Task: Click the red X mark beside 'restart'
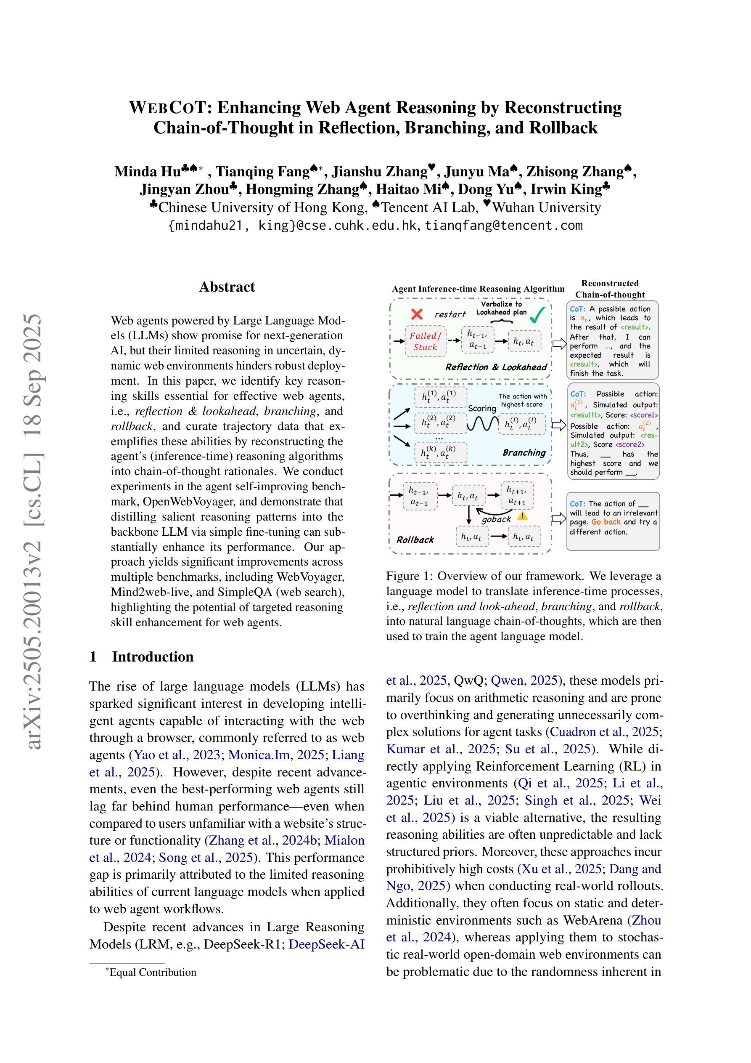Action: [x=416, y=314]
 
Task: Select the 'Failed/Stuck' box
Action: [x=425, y=342]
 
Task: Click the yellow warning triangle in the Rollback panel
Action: [x=522, y=515]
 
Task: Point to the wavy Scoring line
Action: [x=482, y=423]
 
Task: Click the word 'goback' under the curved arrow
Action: [x=496, y=519]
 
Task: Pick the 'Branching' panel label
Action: [x=524, y=452]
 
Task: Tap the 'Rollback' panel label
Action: [x=415, y=539]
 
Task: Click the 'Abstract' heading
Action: [x=227, y=287]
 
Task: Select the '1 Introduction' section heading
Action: [x=142, y=656]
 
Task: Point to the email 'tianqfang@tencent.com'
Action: [x=503, y=226]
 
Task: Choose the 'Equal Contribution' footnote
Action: [x=152, y=972]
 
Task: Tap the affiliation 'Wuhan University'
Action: [x=546, y=207]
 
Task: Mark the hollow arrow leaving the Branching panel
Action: [x=559, y=425]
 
